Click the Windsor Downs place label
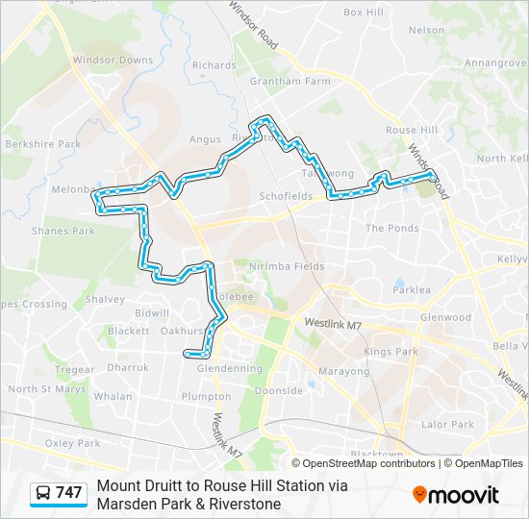[x=113, y=60]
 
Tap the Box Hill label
[x=363, y=12]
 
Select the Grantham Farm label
[x=290, y=82]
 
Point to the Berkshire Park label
[x=42, y=144]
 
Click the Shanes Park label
[x=63, y=231]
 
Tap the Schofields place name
[x=286, y=196]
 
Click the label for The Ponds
[x=391, y=229]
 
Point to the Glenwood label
[x=445, y=317]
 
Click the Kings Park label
[x=390, y=352]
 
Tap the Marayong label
[x=343, y=371]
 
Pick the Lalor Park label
[x=447, y=424]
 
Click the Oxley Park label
[x=73, y=443]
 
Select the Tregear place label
[x=74, y=370]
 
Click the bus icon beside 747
[x=43, y=493]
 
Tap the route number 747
[x=69, y=493]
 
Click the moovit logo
[x=456, y=495]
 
